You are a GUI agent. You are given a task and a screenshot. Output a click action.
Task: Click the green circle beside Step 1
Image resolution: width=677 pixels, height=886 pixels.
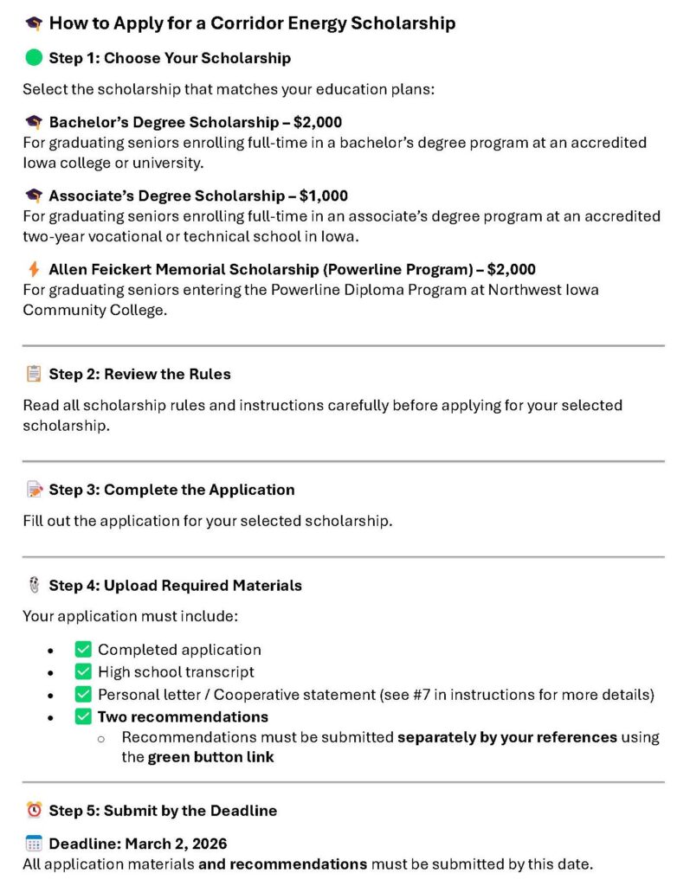tap(34, 58)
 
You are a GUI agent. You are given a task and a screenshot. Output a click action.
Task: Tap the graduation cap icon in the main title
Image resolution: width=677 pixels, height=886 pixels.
tap(34, 24)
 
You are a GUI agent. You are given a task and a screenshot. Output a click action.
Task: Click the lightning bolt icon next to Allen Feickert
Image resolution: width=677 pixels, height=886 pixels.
tap(34, 269)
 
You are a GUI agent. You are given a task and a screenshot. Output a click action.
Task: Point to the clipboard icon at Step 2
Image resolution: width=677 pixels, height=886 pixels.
tap(34, 374)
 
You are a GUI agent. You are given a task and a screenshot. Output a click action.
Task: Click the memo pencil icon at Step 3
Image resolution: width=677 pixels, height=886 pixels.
tap(34, 490)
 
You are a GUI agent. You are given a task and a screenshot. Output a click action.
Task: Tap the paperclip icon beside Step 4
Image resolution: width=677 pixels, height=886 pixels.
tap(34, 585)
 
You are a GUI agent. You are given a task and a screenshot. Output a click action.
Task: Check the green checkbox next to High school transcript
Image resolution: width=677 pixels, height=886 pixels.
tap(83, 671)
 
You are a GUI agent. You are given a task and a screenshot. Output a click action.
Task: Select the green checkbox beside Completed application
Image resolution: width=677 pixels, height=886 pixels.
tap(83, 649)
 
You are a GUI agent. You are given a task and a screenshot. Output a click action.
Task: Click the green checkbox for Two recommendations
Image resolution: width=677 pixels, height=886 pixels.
tap(83, 716)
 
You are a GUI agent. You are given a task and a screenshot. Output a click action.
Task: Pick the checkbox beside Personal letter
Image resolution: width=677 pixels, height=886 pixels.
tap(83, 694)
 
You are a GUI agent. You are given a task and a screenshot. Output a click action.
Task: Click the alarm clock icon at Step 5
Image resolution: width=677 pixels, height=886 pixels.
tap(34, 811)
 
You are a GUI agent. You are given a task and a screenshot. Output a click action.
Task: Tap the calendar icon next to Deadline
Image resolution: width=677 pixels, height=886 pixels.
tap(34, 843)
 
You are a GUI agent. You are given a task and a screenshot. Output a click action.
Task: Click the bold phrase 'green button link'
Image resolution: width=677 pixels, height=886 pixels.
tap(210, 757)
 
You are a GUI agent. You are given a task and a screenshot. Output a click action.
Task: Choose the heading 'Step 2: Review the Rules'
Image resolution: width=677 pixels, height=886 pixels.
tap(139, 374)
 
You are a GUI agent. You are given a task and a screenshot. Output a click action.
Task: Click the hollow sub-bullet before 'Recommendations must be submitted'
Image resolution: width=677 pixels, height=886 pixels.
tap(100, 738)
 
